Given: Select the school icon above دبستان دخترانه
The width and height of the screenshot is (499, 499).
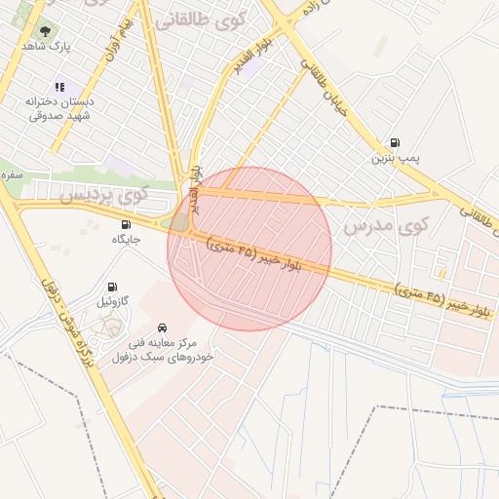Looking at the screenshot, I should coord(59,88).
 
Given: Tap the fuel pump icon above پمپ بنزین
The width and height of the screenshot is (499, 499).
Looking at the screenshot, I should coord(395,142).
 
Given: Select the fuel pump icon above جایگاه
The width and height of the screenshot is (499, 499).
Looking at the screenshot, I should coord(124,224).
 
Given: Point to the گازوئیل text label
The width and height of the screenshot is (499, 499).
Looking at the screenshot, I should coord(117,302).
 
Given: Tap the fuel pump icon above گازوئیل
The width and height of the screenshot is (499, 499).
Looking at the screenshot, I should coord(113,287).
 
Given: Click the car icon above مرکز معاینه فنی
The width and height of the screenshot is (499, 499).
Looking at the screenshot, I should coord(162,327).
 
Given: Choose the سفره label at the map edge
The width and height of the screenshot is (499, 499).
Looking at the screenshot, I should coord(12,175).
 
